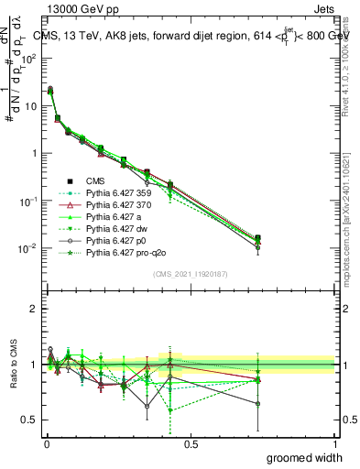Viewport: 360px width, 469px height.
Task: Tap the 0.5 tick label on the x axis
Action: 191,444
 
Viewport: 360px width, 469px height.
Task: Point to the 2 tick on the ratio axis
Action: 38,309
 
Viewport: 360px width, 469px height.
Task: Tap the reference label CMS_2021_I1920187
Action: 190,275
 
